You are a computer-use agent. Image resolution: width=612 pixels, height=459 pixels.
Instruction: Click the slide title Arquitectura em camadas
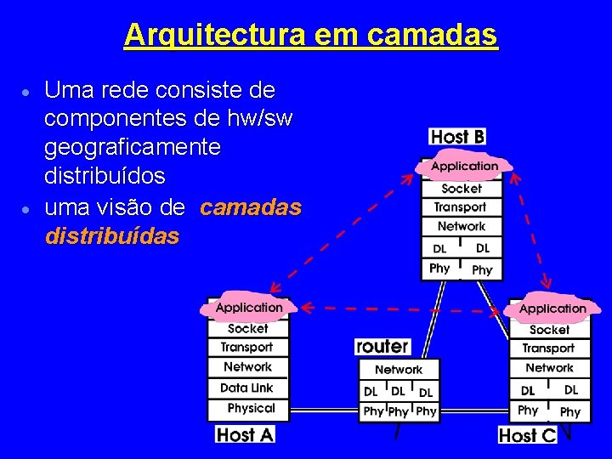[310, 35]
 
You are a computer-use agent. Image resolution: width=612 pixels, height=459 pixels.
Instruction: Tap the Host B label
[457, 136]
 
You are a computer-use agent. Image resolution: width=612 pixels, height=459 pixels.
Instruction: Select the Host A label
[246, 434]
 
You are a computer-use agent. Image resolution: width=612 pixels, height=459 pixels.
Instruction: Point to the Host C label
[527, 435]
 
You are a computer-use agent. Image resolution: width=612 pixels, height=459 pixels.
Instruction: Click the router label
[382, 346]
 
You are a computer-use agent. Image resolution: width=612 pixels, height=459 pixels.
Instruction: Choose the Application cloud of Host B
[464, 167]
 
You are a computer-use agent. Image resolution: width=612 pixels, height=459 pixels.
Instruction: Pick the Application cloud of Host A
[249, 308]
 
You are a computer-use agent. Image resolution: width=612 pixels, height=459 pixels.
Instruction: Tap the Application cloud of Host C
[552, 309]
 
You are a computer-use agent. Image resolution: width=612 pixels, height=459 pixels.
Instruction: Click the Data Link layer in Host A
[246, 388]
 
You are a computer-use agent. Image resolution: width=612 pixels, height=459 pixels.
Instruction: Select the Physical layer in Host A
[251, 408]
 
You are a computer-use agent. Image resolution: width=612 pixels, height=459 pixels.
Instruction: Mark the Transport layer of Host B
[460, 207]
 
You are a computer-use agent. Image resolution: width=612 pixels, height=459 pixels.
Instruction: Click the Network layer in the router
[399, 370]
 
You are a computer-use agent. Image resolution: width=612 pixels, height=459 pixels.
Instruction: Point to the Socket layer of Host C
[549, 330]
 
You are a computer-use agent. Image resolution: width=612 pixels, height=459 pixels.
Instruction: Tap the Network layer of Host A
[247, 367]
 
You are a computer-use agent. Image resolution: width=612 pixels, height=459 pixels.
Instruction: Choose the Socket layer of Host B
[462, 189]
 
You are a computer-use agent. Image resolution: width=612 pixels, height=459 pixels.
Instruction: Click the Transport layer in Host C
[548, 348]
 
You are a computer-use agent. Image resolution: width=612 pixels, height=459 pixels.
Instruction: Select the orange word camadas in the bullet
[252, 207]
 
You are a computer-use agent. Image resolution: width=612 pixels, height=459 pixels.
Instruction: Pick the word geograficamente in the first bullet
[133, 147]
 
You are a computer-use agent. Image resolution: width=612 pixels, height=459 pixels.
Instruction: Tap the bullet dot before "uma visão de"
[28, 208]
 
